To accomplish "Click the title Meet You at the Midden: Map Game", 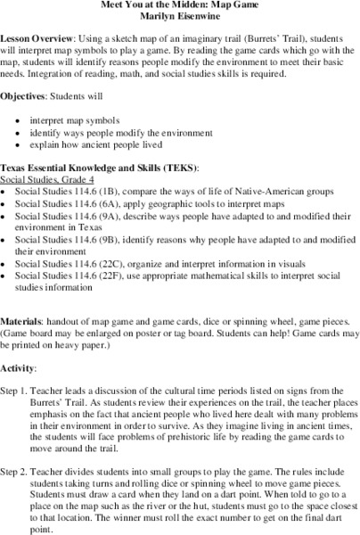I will (x=180, y=7).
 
